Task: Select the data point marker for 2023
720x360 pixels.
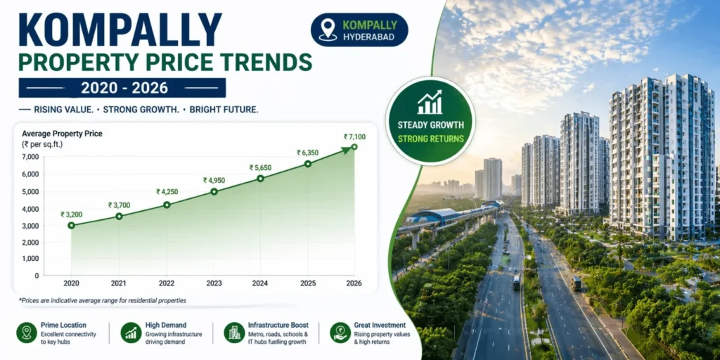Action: (x=214, y=191)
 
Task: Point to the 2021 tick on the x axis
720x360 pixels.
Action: (x=119, y=283)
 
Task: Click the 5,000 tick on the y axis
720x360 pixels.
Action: (x=30, y=191)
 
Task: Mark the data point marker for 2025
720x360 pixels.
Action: (x=307, y=164)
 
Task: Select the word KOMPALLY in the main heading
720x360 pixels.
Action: (x=120, y=30)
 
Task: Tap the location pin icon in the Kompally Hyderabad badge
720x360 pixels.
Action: (x=328, y=29)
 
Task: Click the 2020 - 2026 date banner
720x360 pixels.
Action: (x=122, y=88)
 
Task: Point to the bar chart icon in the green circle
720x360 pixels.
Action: (x=430, y=103)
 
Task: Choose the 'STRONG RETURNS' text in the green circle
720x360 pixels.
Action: (x=431, y=139)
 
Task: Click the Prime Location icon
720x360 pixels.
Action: (x=27, y=333)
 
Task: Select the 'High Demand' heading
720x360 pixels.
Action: (x=166, y=326)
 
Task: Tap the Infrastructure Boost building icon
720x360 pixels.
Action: (x=233, y=333)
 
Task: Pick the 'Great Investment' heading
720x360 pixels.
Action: (x=380, y=326)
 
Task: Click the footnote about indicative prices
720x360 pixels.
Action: (x=103, y=300)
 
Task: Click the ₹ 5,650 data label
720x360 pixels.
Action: (x=260, y=167)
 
